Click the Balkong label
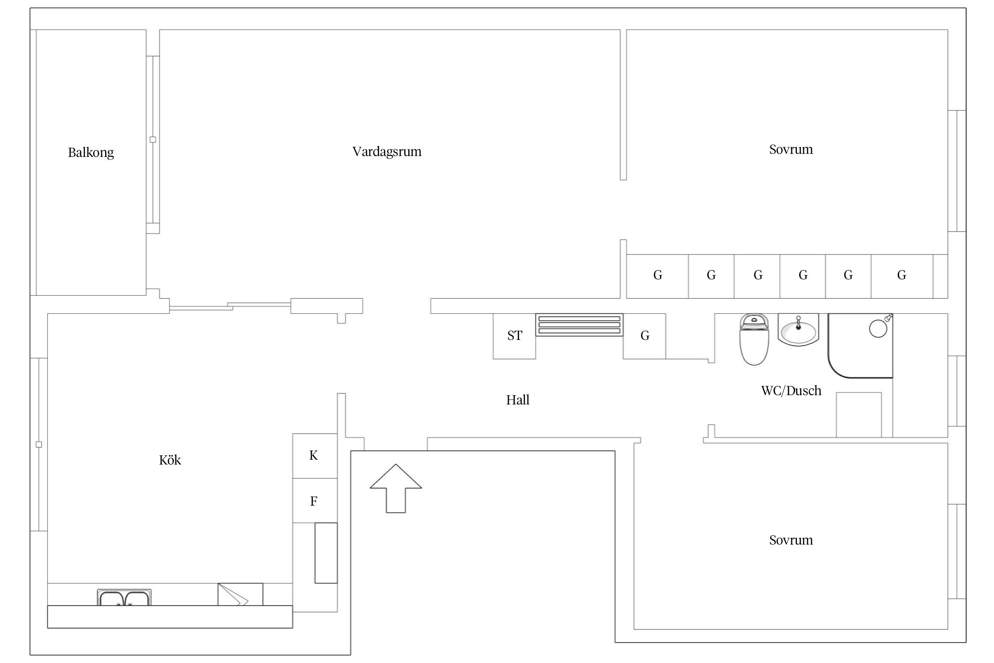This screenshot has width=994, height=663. pyautogui.click(x=91, y=152)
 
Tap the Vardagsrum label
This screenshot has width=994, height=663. pyautogui.click(x=387, y=152)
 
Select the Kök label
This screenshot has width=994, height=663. pyautogui.click(x=170, y=460)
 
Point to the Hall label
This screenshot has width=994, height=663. pyautogui.click(x=518, y=400)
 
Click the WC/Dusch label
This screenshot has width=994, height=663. pyautogui.click(x=791, y=391)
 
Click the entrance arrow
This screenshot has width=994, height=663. pyautogui.click(x=396, y=488)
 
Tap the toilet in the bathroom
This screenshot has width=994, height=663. pyautogui.click(x=754, y=339)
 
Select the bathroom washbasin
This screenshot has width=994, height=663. pyautogui.click(x=798, y=330)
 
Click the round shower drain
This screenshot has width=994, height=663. pyautogui.click(x=878, y=328)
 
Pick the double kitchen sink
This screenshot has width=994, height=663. pyautogui.click(x=124, y=598)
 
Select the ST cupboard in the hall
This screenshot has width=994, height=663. pyautogui.click(x=514, y=336)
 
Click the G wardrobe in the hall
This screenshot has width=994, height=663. pyautogui.click(x=645, y=336)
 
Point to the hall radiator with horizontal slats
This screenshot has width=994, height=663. pyautogui.click(x=580, y=325)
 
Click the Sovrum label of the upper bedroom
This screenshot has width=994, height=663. pyautogui.click(x=791, y=149)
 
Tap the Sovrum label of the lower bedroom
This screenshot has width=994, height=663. pyautogui.click(x=791, y=540)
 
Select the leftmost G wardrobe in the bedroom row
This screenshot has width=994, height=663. pyautogui.click(x=657, y=276)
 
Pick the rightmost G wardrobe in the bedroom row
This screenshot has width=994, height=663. pyautogui.click(x=902, y=276)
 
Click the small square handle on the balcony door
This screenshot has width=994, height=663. pyautogui.click(x=153, y=140)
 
